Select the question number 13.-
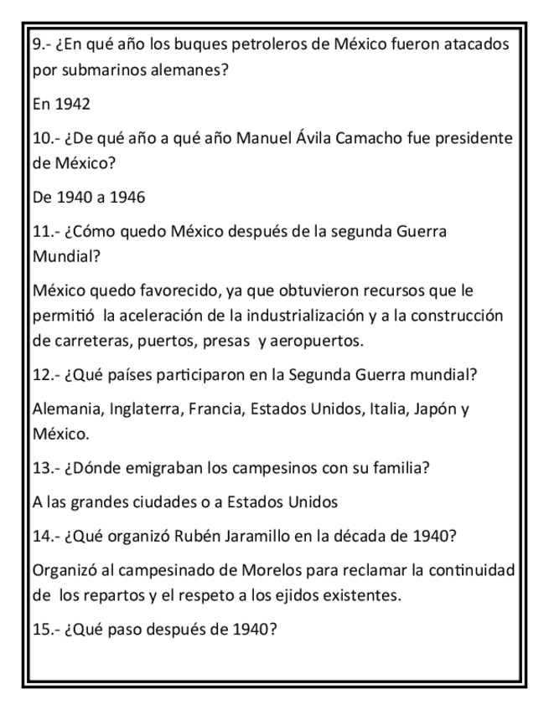(49, 468)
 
